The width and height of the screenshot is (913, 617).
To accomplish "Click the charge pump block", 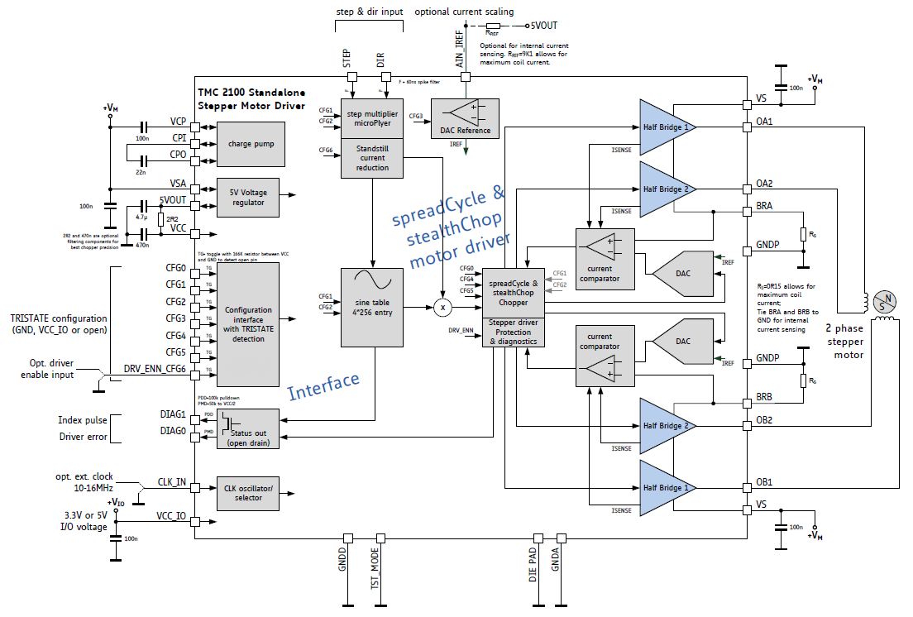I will coord(251,144).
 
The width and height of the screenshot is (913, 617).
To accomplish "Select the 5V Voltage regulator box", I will coord(251,197).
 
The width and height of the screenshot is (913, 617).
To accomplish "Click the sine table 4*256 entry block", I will coord(371,306).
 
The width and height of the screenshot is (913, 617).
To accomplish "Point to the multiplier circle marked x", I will coord(442,307).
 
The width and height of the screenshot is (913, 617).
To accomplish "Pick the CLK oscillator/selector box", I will coord(251,493).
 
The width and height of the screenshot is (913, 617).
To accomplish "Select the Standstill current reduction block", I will coord(371,157).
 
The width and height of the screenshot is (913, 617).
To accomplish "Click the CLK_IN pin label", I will coord(171,481).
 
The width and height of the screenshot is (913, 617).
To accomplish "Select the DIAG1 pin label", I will coord(172,414).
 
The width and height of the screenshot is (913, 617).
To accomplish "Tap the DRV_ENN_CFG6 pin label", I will coord(155,368).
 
